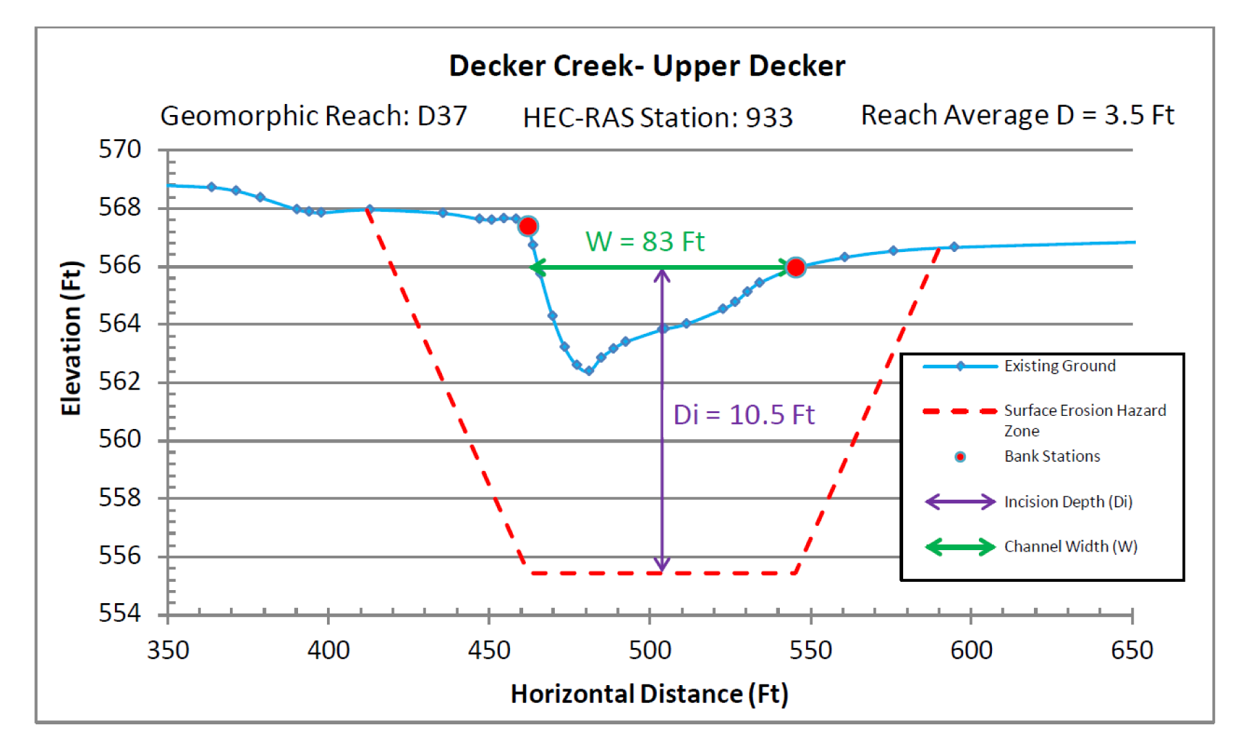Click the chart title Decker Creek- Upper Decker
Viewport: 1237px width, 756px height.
(646, 66)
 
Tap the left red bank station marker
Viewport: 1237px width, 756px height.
(528, 226)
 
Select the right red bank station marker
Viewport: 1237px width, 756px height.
(795, 267)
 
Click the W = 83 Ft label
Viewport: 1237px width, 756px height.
(645, 242)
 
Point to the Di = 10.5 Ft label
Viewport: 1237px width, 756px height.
(743, 415)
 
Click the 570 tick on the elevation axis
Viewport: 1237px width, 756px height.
(120, 149)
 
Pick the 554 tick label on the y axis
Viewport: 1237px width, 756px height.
(120, 613)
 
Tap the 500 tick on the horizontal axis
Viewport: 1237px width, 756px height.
(649, 650)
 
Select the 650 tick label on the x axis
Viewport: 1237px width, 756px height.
(1132, 650)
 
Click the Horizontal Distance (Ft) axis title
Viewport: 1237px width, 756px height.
(649, 694)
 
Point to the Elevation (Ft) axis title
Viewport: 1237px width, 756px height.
(71, 338)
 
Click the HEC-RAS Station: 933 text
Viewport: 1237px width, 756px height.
(657, 118)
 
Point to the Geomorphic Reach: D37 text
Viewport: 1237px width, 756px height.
(314, 116)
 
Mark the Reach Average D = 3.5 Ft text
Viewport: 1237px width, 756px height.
(1017, 115)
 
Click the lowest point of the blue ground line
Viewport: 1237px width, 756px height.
(589, 371)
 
